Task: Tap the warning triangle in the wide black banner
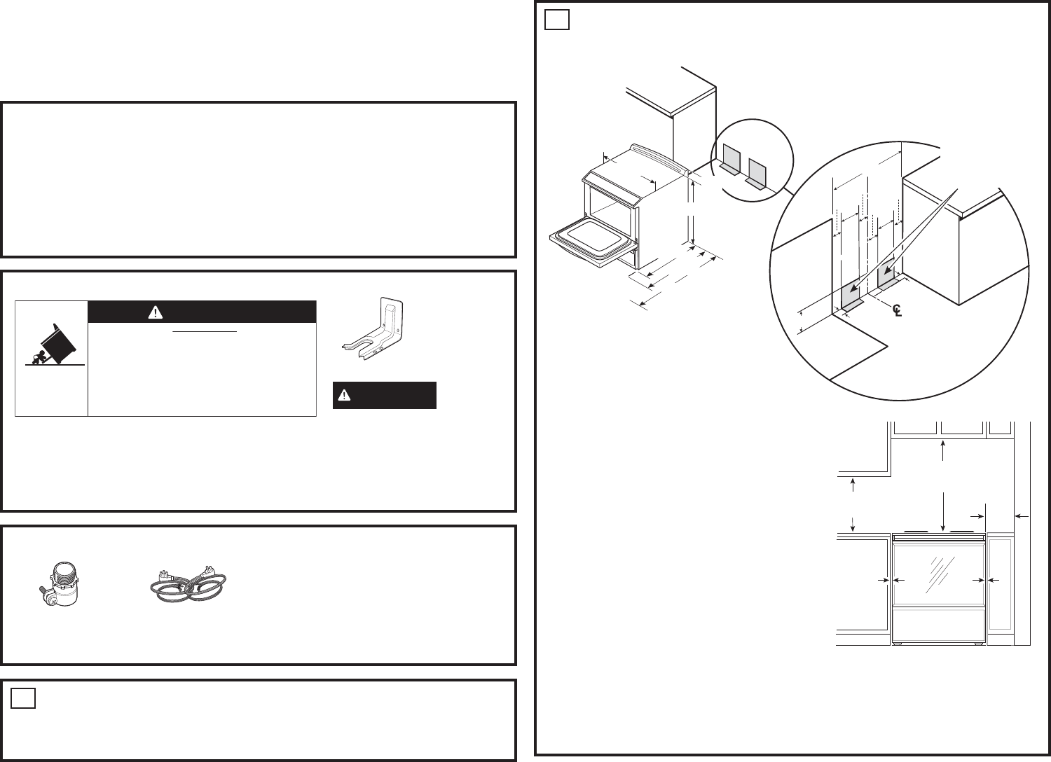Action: [156, 312]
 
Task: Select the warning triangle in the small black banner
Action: [344, 395]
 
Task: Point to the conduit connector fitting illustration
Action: [59, 584]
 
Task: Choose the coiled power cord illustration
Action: [188, 584]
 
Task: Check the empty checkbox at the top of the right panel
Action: [557, 20]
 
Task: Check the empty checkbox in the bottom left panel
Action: [23, 698]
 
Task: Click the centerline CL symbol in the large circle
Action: [897, 310]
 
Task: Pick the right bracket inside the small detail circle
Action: [756, 174]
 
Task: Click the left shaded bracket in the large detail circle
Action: [851, 299]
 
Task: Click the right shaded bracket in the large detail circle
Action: [886, 277]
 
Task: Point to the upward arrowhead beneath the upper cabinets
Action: [942, 445]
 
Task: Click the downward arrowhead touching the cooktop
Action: [942, 529]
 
